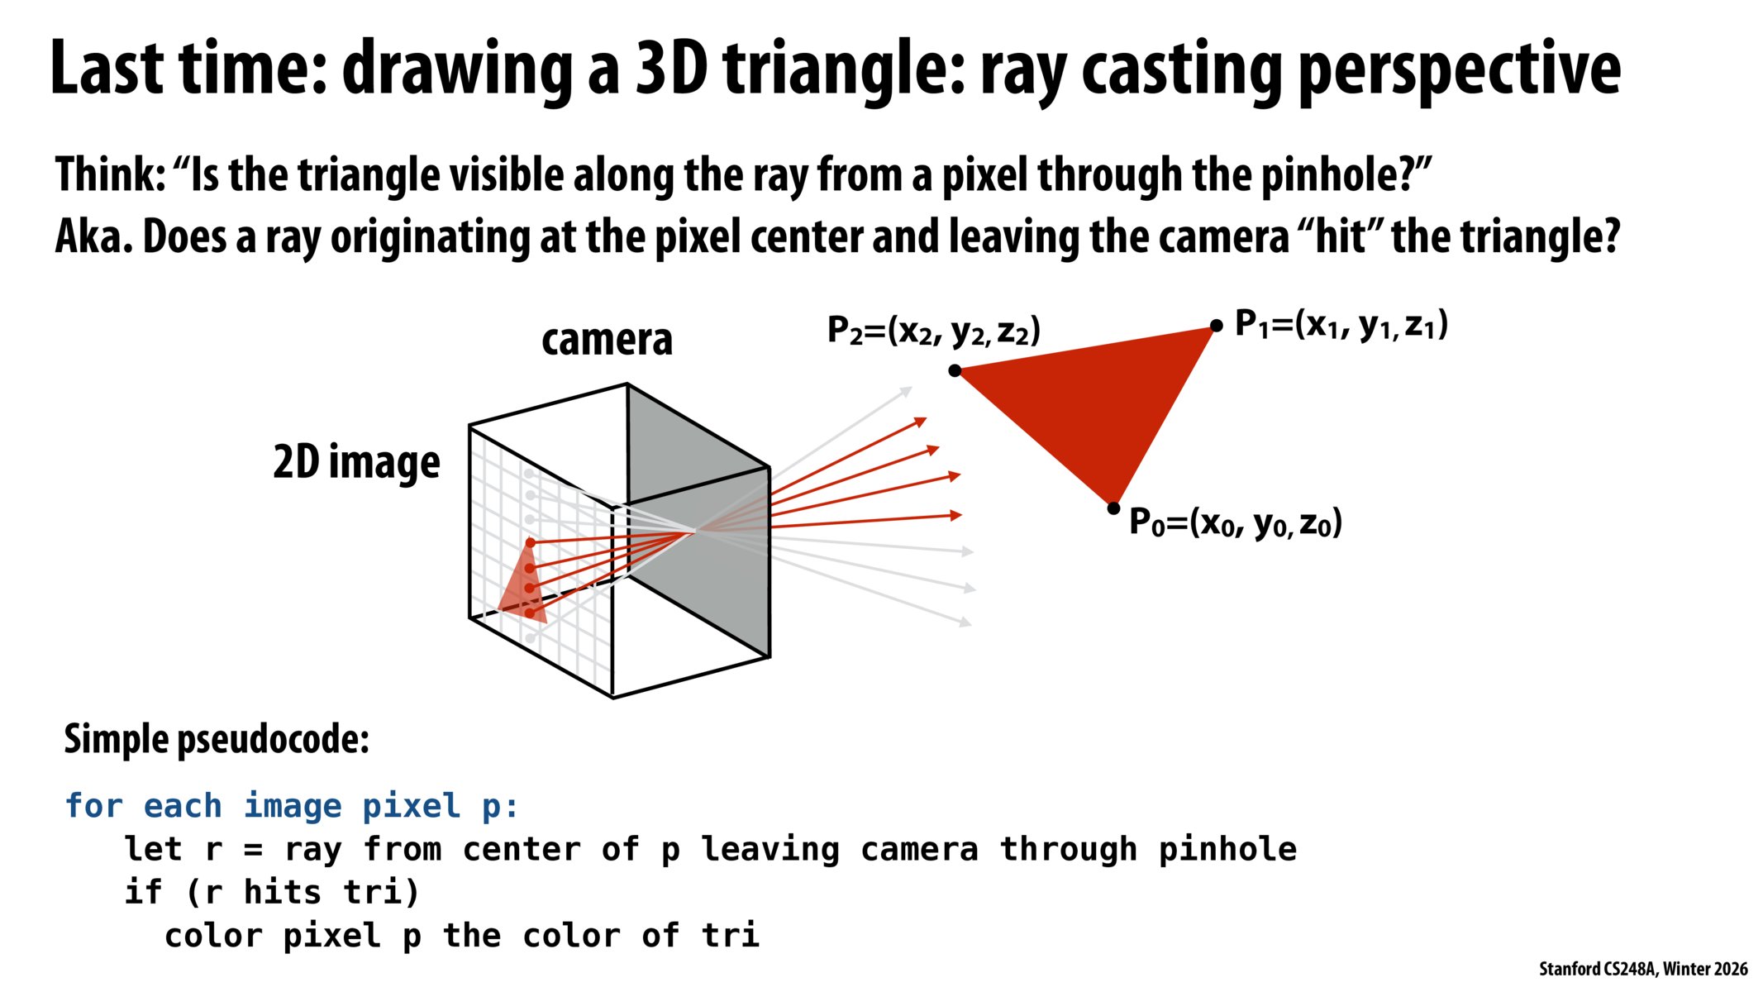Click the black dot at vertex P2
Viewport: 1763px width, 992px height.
click(x=955, y=370)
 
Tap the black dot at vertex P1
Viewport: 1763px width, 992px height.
click(x=1216, y=327)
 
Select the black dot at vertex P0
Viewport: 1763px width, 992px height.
click(x=1113, y=508)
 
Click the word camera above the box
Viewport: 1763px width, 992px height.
click(x=607, y=340)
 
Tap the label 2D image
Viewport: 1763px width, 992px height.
click(x=356, y=461)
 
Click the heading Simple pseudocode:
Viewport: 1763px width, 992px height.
click(x=217, y=738)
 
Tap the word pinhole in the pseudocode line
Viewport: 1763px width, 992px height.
click(x=1227, y=850)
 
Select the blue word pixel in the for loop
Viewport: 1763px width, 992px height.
click(x=411, y=806)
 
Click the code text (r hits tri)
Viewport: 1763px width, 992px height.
click(x=303, y=893)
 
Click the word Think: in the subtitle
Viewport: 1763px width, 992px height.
click(x=110, y=174)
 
